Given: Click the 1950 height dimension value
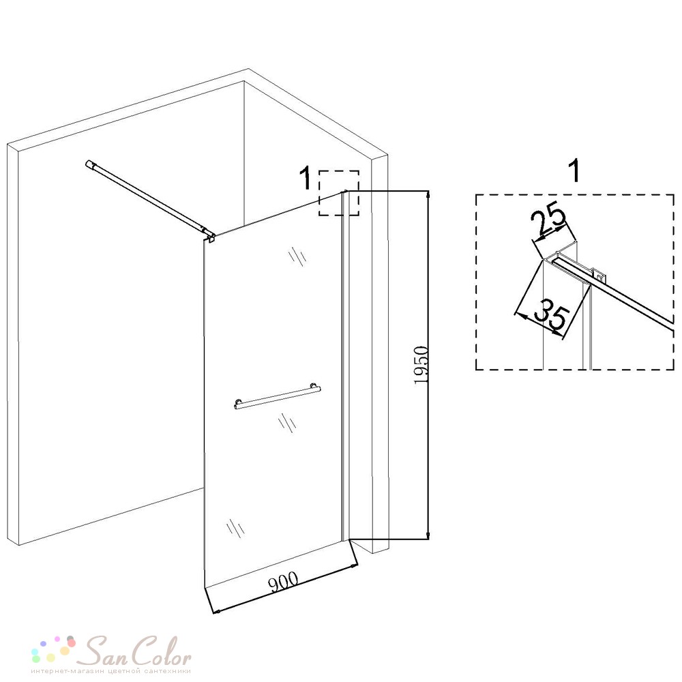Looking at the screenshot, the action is tap(421, 365).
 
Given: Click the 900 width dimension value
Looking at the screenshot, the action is tap(284, 582).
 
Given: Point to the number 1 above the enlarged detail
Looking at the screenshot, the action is tap(574, 170).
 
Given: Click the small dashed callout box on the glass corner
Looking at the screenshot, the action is tap(339, 193).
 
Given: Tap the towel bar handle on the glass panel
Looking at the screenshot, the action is tap(277, 397).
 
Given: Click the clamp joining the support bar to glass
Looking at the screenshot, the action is tap(211, 237).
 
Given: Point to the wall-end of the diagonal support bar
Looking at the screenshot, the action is tap(89, 165).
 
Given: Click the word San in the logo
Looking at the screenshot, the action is tap(106, 651).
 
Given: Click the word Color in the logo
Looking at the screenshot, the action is tap(161, 650).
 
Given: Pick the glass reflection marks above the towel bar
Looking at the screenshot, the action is tap(297, 256).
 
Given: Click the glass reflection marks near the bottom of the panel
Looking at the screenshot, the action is tap(235, 528).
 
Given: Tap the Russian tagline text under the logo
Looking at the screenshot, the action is tap(110, 671).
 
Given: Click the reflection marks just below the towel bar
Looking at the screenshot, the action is tap(287, 423).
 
